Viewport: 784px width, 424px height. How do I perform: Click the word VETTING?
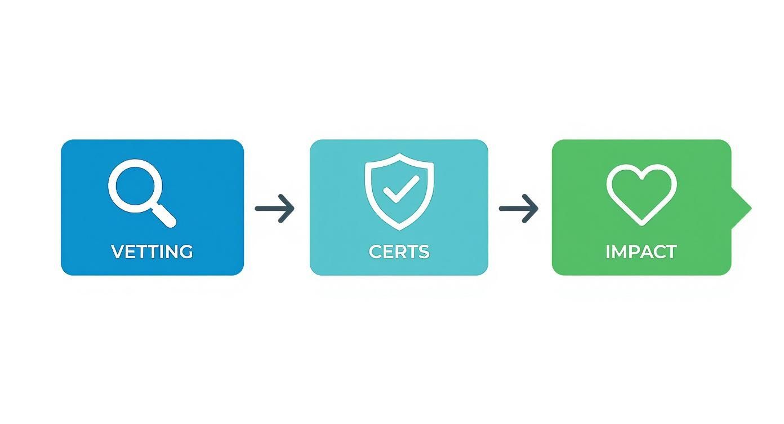pos(152,251)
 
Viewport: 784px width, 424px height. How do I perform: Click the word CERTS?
pos(399,251)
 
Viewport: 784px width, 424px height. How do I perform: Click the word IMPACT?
pos(641,251)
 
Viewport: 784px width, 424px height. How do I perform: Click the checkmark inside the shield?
pos(401,189)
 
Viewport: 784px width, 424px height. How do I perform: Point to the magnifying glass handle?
pos(164,215)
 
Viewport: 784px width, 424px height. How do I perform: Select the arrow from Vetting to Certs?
pos(274,209)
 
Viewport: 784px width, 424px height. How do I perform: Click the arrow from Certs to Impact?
pos(518,209)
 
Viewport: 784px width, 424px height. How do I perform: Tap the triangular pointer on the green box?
pos(741,209)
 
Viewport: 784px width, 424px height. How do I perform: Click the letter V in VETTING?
pos(118,251)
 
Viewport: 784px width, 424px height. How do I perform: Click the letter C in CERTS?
pos(375,251)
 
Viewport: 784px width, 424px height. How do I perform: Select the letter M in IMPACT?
pos(620,251)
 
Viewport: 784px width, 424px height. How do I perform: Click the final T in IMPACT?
pos(671,251)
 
